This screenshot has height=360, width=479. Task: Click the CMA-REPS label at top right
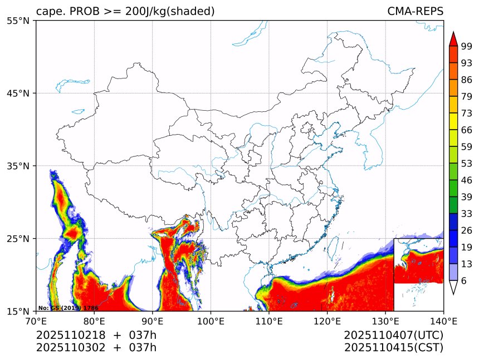(x=415, y=12)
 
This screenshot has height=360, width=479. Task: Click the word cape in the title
(x=48, y=12)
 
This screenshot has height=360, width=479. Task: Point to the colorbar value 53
(x=467, y=164)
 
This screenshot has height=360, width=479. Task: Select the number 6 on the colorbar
(x=464, y=281)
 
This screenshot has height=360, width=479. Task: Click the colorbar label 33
(x=467, y=214)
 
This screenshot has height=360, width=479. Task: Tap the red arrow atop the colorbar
(x=453, y=38)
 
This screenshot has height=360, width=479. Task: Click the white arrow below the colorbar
(x=453, y=288)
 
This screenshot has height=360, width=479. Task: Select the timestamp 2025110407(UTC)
(x=393, y=336)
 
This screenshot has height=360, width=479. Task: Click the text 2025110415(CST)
(x=393, y=348)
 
